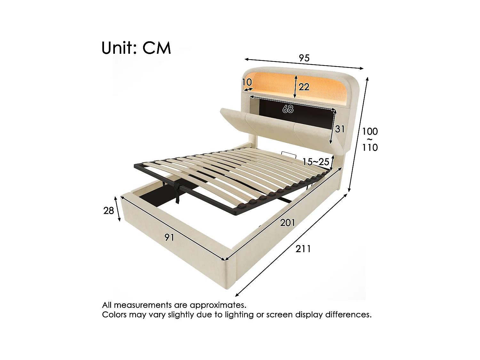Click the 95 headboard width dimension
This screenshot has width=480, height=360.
point(304,58)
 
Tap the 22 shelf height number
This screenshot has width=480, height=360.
point(304,87)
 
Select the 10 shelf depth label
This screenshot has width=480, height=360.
point(247,83)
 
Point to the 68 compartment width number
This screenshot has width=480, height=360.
point(288,109)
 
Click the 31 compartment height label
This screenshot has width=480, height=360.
point(340,129)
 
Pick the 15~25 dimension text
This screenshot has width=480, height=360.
point(316,162)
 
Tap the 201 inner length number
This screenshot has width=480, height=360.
point(287,222)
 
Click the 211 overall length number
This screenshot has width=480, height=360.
point(303,249)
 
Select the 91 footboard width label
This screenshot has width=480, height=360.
point(169,237)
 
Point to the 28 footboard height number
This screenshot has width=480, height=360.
point(109,211)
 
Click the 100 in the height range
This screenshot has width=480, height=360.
point(370,131)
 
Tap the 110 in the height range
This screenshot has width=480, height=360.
point(370,148)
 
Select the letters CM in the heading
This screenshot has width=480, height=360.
point(157,48)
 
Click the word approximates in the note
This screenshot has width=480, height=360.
point(218,305)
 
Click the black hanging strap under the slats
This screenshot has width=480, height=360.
point(177,194)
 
